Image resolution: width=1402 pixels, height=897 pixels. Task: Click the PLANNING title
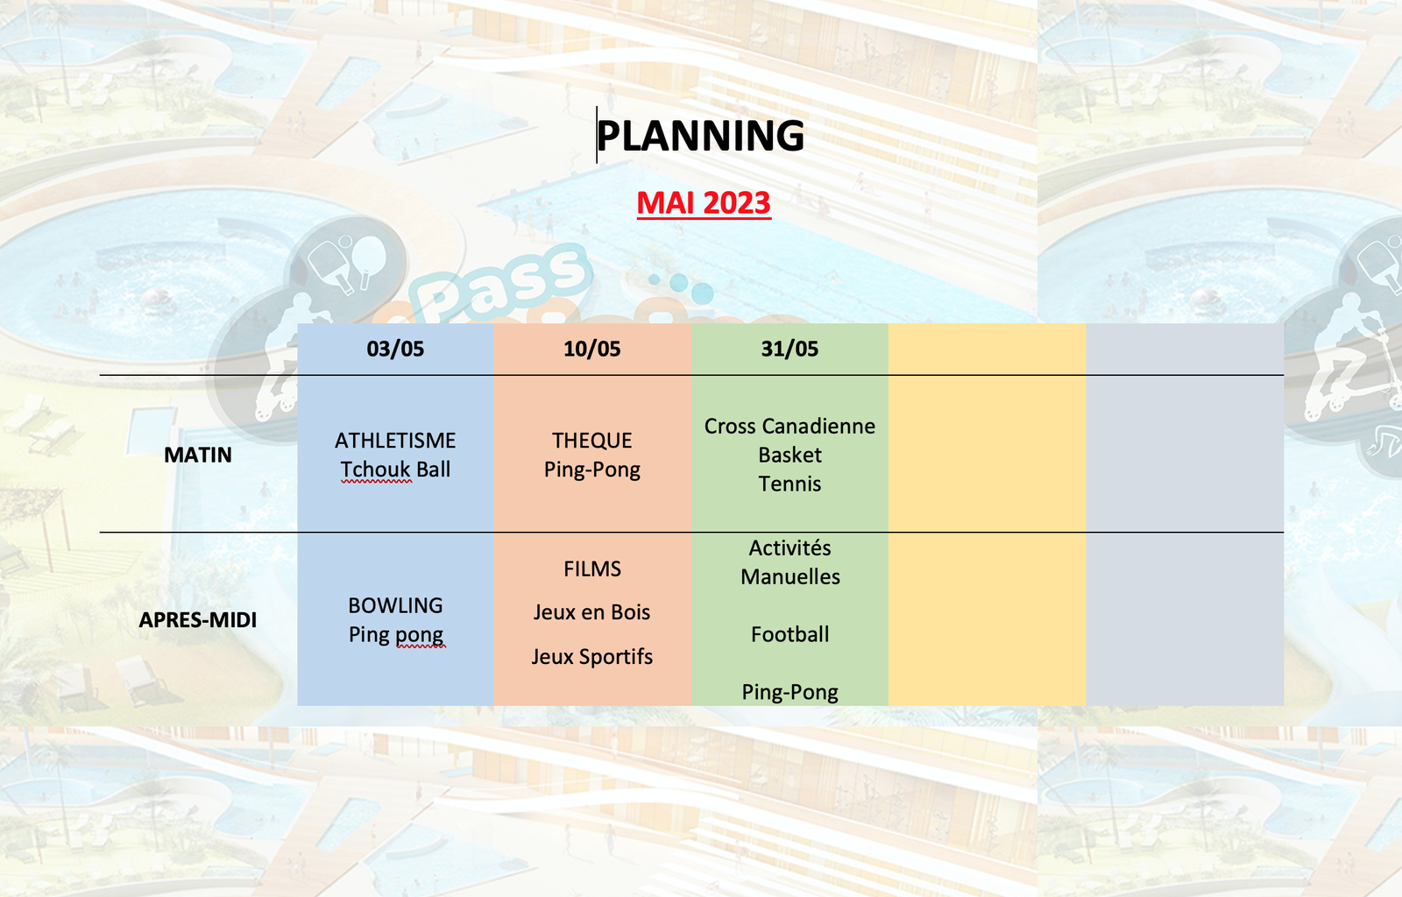(x=700, y=136)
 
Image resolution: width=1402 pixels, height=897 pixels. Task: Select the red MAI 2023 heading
(x=704, y=203)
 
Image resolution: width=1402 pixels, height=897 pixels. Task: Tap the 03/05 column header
(x=395, y=349)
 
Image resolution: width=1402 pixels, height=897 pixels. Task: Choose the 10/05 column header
(x=592, y=349)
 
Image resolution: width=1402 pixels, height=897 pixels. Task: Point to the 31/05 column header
(x=790, y=349)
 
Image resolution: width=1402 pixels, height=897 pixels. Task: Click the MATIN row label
(x=198, y=455)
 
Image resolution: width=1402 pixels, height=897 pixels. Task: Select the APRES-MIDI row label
(x=198, y=620)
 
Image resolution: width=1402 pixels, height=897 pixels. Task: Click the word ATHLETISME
(x=395, y=441)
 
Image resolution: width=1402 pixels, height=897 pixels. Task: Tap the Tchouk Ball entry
(x=395, y=470)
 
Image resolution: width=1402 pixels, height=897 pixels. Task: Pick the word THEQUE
(x=592, y=441)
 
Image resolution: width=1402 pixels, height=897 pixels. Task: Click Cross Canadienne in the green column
(x=790, y=426)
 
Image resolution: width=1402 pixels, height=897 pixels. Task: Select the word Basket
(x=790, y=455)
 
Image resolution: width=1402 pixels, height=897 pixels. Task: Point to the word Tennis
(x=790, y=484)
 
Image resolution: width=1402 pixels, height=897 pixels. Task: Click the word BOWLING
(x=395, y=605)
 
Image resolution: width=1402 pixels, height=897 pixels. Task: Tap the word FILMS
(x=592, y=569)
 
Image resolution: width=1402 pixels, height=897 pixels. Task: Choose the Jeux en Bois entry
(x=592, y=611)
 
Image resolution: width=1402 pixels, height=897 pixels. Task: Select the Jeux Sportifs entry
(x=592, y=657)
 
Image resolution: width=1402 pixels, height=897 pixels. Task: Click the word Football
(x=790, y=634)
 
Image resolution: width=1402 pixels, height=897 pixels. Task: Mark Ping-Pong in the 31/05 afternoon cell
(x=790, y=692)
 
